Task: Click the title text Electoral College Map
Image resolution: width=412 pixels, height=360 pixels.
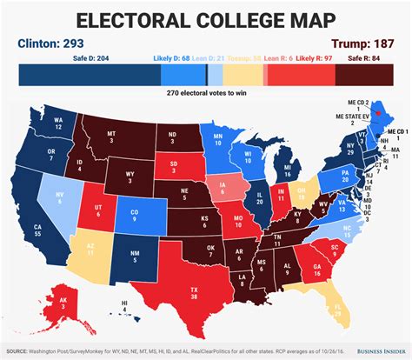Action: pos(206,19)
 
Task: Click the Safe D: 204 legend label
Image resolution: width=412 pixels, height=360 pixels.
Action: pos(70,59)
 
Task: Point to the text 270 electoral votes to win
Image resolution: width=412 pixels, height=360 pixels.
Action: pos(206,93)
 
